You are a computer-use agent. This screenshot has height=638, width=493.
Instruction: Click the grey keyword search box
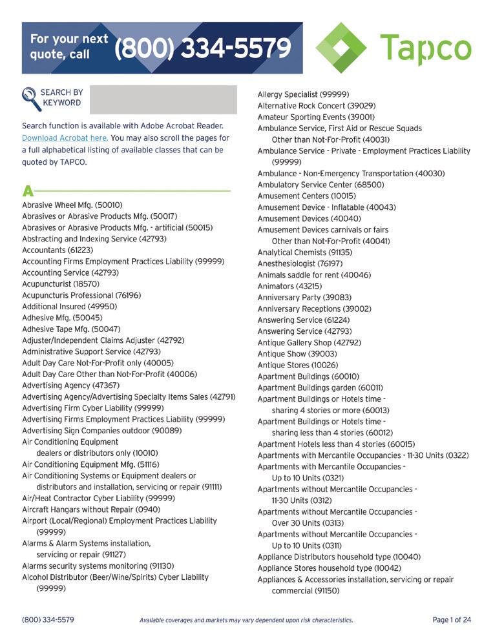(163, 99)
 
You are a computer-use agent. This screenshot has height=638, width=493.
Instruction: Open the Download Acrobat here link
(65, 138)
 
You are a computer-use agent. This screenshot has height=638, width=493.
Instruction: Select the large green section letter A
(27, 191)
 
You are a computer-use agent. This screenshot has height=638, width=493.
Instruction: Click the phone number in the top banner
(202, 47)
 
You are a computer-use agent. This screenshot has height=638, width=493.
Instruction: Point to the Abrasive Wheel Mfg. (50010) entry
(72, 205)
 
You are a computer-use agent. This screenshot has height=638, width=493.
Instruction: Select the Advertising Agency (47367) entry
(70, 386)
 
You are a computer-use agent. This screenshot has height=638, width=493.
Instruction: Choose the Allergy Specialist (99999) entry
(303, 94)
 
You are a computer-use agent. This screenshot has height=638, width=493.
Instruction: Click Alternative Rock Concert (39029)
(316, 105)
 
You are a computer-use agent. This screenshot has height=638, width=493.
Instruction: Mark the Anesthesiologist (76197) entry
(300, 263)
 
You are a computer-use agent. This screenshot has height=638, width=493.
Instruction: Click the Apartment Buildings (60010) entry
(308, 376)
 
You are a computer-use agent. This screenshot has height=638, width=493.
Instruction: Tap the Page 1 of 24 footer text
(452, 620)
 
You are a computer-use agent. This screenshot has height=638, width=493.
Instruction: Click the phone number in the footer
(48, 620)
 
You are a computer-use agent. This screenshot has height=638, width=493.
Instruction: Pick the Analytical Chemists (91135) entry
(305, 252)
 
